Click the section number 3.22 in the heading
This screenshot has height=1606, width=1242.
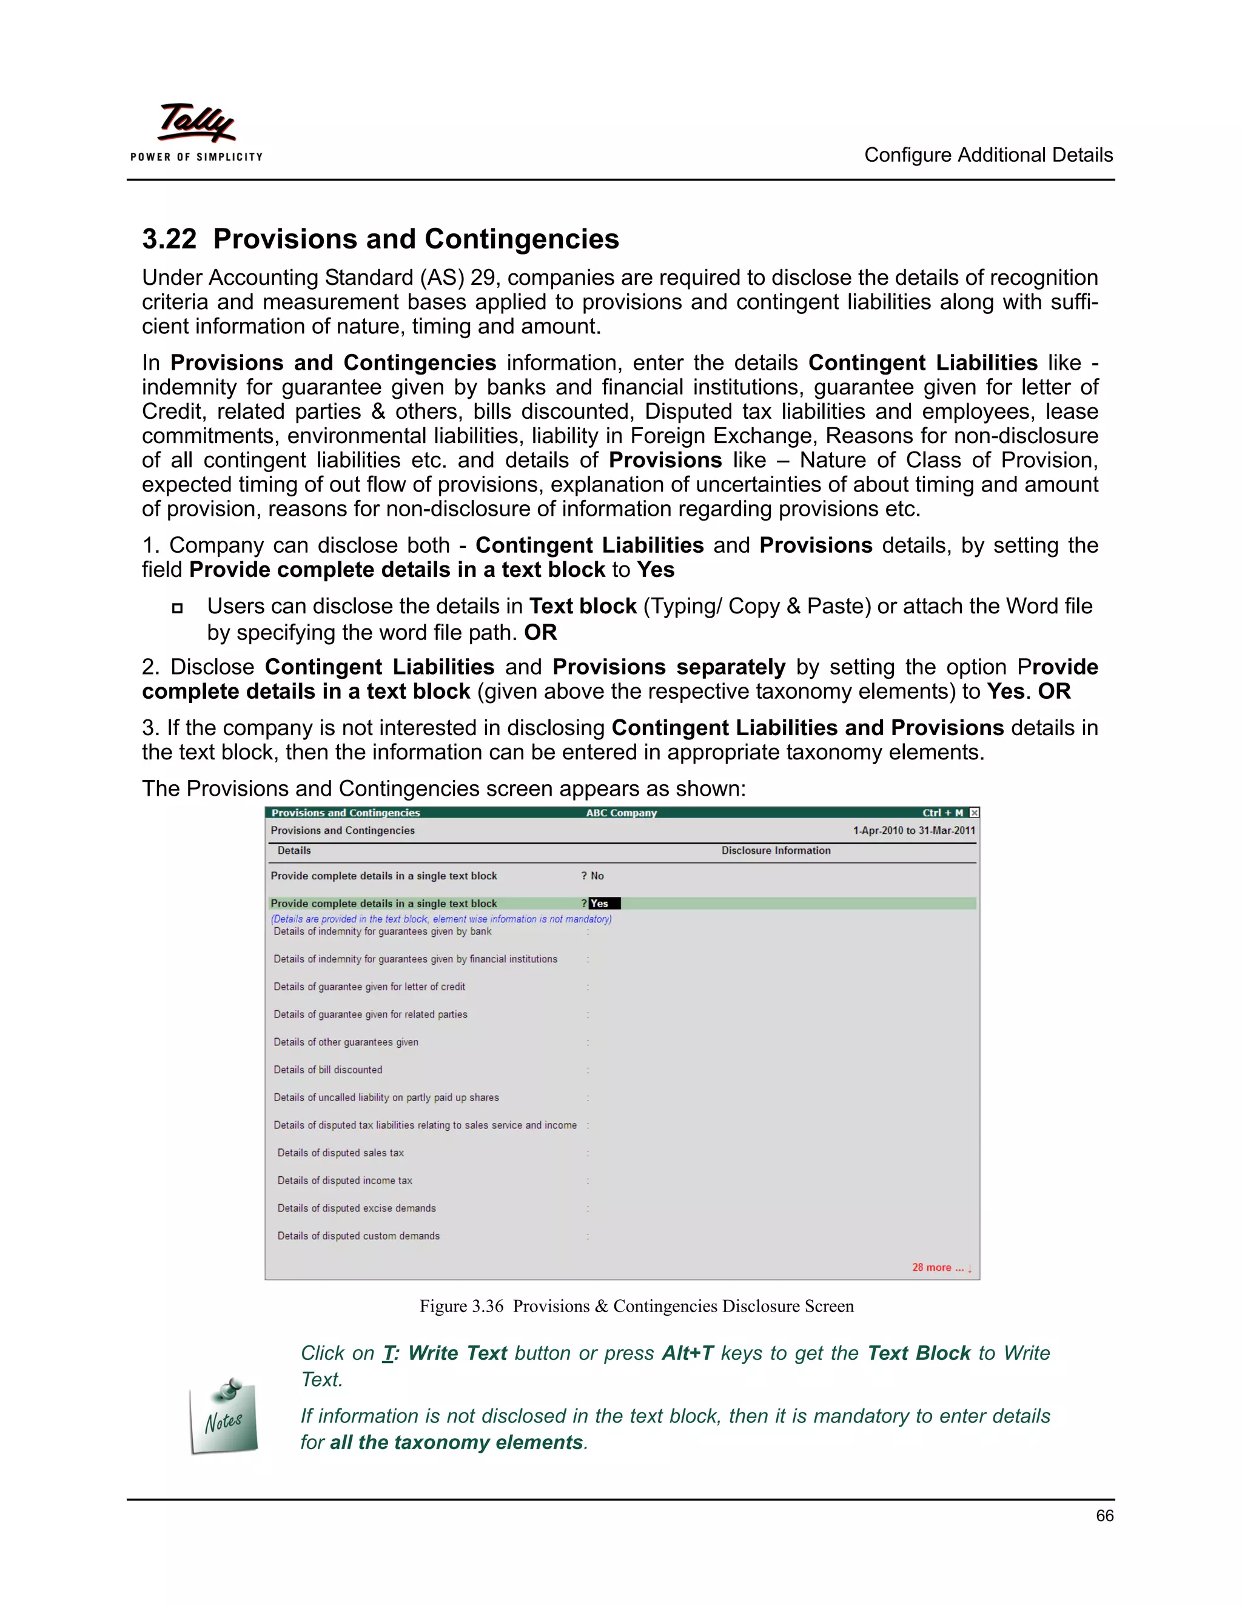[169, 239]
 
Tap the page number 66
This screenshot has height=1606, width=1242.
[1104, 1516]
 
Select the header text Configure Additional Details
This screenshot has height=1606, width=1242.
[988, 155]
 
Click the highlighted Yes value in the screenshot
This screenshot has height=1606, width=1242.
[603, 904]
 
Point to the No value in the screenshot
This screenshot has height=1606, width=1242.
[597, 876]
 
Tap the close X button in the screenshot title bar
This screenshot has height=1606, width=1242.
[974, 813]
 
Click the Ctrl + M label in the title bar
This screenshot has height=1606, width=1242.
[942, 813]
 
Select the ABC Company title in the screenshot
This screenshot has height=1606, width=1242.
[621, 813]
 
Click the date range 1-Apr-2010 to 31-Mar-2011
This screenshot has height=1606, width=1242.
[914, 830]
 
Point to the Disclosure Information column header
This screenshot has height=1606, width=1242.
[776, 850]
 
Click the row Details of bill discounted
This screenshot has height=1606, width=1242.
[328, 1070]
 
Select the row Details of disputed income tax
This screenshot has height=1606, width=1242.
[344, 1180]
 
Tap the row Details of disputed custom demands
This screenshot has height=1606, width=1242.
[358, 1236]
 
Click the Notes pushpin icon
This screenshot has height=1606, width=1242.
[224, 1416]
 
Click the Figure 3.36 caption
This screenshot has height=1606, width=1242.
[636, 1306]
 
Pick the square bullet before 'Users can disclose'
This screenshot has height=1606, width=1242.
[177, 608]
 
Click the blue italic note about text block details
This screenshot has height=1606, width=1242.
[441, 918]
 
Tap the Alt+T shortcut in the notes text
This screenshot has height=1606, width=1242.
[687, 1353]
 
